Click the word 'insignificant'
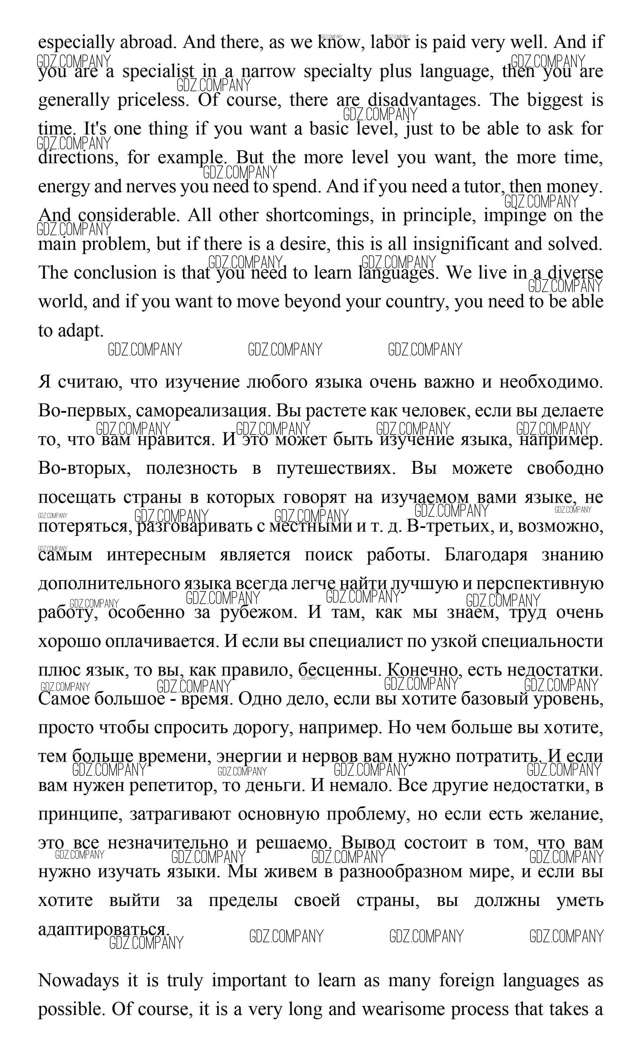pyautogui.click(x=460, y=244)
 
